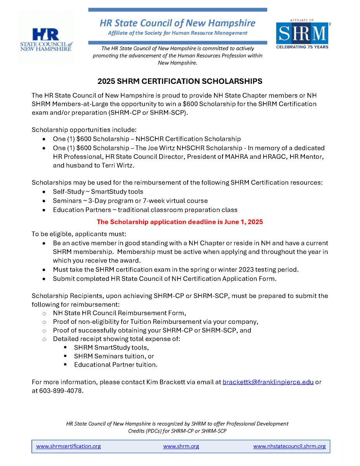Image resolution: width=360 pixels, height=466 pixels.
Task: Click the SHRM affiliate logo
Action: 302,33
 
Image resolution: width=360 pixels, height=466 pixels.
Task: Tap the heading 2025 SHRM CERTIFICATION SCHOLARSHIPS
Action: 180,81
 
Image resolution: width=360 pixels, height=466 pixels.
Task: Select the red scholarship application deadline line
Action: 180,222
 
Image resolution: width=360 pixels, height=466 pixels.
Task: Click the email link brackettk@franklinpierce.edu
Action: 268,382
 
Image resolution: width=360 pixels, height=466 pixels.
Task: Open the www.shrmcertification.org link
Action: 68,446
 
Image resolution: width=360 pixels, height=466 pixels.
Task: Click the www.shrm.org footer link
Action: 181,446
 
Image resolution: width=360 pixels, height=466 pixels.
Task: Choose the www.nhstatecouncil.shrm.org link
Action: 289,446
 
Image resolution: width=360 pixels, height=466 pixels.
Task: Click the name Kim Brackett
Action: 166,382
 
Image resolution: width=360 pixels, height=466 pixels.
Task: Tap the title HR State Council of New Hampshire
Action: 177,23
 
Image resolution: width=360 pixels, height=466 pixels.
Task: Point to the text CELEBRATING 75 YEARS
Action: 302,47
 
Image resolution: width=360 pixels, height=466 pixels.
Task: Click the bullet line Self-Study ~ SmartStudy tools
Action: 98,191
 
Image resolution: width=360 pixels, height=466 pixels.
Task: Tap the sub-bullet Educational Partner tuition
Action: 116,365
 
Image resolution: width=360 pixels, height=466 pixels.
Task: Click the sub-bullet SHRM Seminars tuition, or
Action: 114,356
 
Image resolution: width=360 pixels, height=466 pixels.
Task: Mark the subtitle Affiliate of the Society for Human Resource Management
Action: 177,33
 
